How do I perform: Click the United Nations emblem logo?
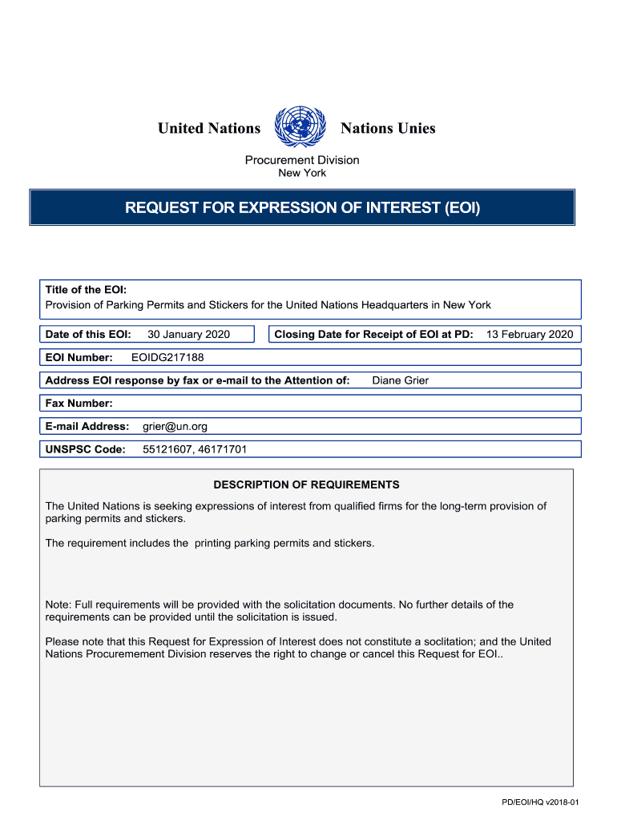(x=300, y=127)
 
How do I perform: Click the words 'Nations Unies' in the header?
(x=388, y=128)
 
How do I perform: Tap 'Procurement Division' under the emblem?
(x=302, y=160)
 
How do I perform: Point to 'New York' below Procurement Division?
(x=302, y=173)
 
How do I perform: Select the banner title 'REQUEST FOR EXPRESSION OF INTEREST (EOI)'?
(x=302, y=208)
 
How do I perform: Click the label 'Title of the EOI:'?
(x=86, y=290)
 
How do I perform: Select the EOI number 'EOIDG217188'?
(x=162, y=358)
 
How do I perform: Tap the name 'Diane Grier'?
(x=400, y=380)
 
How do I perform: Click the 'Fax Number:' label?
(x=79, y=404)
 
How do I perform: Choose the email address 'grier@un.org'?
(x=175, y=427)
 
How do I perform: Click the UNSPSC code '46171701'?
(x=220, y=450)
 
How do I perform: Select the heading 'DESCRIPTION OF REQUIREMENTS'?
(x=306, y=485)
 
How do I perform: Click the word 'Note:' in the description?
(x=58, y=605)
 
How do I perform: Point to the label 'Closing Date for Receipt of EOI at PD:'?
(x=373, y=335)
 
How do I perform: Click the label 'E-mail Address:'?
(x=87, y=427)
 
